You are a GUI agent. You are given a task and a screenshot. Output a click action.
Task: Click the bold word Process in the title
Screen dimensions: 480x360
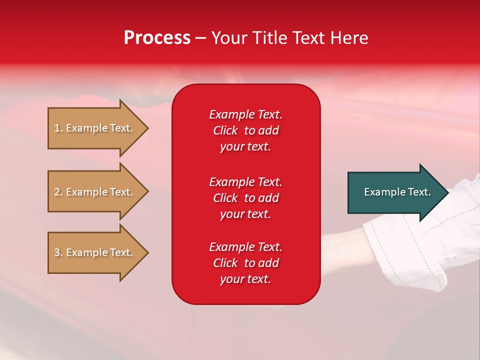(x=157, y=38)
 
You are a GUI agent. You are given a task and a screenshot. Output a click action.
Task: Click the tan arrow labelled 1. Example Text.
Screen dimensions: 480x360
(x=98, y=128)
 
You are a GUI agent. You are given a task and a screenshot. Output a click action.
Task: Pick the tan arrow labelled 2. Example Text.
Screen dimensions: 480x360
(x=98, y=191)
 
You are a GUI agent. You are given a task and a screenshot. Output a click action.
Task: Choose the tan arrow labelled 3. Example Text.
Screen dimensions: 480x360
(x=98, y=252)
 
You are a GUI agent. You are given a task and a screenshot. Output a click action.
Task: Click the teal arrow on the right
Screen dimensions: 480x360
(x=398, y=192)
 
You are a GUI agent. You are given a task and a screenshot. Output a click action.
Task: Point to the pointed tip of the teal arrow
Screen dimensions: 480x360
(x=449, y=192)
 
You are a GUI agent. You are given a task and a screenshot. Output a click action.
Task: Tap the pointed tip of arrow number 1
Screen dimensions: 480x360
(x=148, y=128)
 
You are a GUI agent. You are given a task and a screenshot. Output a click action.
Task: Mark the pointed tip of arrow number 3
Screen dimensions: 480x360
(x=148, y=253)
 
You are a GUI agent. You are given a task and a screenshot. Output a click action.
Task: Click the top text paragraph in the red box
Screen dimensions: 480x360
(x=246, y=130)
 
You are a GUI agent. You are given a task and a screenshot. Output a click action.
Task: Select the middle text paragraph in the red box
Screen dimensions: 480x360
(x=246, y=198)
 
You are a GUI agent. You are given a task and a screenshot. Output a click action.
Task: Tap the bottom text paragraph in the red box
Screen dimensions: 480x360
(x=246, y=263)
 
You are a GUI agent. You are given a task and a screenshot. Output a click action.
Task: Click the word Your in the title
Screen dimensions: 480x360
(x=229, y=38)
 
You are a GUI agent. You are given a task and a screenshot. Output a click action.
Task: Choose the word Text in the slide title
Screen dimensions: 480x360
(x=308, y=38)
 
